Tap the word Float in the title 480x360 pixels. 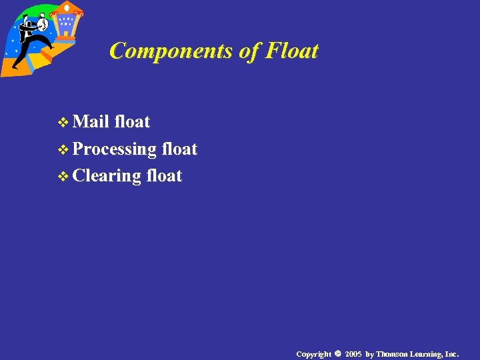click(x=291, y=51)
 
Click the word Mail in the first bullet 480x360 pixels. click(x=91, y=121)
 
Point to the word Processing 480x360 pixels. click(x=114, y=149)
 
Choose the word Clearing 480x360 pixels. click(x=107, y=176)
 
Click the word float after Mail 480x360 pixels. click(x=132, y=121)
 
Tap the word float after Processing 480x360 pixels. click(x=179, y=149)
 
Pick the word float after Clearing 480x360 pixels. click(x=164, y=176)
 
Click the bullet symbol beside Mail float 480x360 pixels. click(x=63, y=123)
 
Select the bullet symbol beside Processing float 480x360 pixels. click(x=63, y=150)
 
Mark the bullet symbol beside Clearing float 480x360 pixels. click(x=63, y=177)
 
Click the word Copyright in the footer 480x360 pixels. click(x=313, y=353)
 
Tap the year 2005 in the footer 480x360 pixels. click(x=353, y=353)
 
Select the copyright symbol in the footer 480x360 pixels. click(x=339, y=353)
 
